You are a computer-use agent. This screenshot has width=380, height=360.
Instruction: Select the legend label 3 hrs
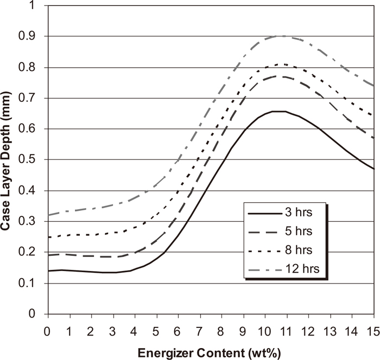303,210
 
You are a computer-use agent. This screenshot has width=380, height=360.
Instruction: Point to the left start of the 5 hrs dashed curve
48,255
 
